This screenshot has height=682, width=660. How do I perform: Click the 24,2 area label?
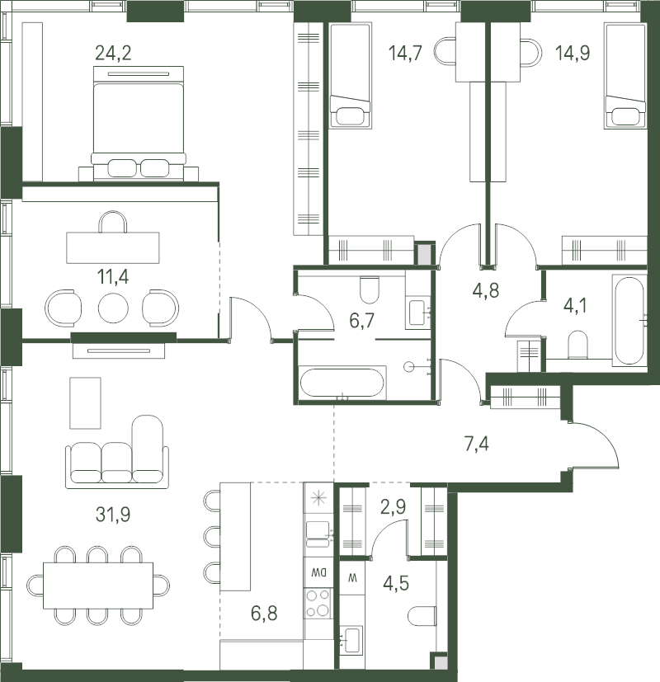113,54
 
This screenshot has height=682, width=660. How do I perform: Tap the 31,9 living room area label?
113,515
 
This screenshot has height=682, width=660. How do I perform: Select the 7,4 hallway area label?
477,444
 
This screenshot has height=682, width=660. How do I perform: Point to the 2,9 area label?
393,506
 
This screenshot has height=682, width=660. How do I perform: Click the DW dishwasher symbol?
318,572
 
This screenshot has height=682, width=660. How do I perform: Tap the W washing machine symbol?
352,578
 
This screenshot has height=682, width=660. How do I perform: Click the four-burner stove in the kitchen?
318,602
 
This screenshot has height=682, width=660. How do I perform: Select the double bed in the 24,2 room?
139,124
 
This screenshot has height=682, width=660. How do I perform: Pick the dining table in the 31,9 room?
98,586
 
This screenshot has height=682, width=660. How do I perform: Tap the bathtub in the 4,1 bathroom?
629,320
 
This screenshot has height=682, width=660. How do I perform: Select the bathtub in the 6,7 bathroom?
342,383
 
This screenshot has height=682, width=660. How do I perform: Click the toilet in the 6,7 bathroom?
370,290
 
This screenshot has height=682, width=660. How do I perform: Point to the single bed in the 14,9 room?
625,76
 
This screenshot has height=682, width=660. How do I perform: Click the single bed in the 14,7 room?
351,76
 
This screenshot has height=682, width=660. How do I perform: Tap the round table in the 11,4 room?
113,308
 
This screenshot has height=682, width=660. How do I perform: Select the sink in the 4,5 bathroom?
351,640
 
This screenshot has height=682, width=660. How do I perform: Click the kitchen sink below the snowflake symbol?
318,534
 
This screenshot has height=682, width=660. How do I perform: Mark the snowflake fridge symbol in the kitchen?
318,498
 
